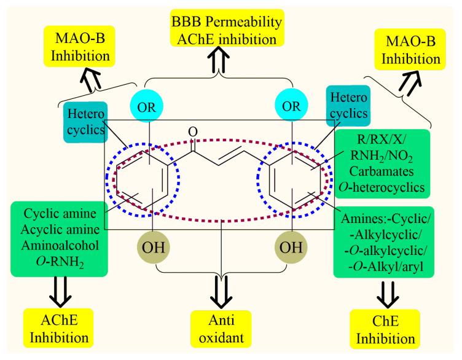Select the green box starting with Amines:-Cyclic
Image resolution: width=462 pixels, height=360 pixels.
tap(384, 241)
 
